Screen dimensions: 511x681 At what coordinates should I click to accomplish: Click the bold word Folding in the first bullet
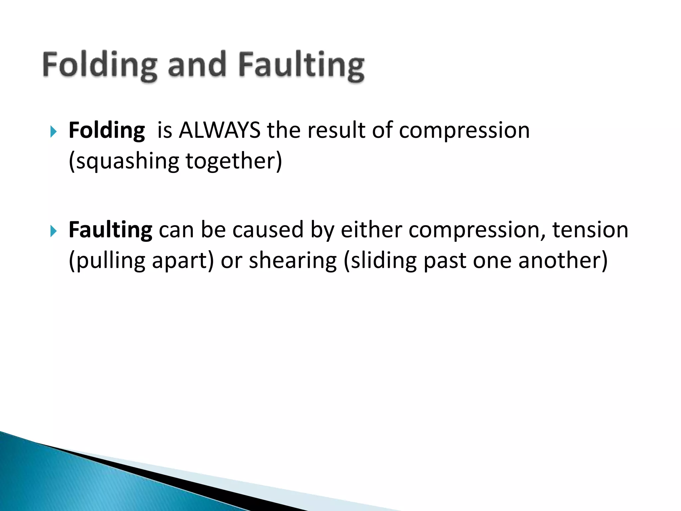[x=107, y=130]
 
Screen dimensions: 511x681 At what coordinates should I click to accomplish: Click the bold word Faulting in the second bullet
[x=110, y=230]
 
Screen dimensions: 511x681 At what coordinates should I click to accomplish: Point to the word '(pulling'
[x=107, y=260]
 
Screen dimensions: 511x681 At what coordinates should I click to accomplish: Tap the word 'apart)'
[x=183, y=261]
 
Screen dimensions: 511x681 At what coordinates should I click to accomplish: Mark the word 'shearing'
[x=293, y=260]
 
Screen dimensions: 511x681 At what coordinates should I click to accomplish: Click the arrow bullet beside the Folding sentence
[x=54, y=131]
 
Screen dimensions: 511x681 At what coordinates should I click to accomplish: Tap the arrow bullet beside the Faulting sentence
[x=54, y=231]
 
